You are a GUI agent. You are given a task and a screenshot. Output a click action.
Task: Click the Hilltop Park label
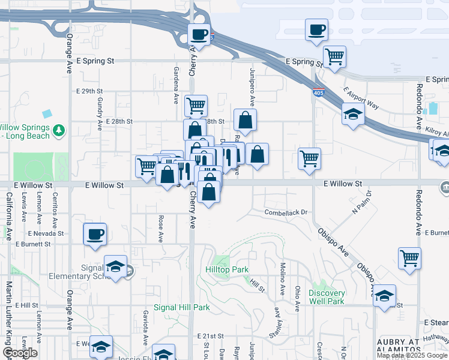coord(227,270)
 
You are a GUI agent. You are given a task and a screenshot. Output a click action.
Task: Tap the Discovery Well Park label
coord(327,297)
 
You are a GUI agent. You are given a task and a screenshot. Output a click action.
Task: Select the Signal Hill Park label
coord(182,307)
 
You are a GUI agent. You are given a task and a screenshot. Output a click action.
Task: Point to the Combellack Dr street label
coord(286,212)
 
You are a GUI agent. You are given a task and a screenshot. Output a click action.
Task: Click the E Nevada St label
coord(46,233)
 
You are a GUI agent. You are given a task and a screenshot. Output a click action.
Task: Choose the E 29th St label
coord(91,91)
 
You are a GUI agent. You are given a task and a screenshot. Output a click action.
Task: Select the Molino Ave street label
coord(282,278)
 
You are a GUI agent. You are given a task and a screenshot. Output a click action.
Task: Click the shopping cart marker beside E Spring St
coord(334,57)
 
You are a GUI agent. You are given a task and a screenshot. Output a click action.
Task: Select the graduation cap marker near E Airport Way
coord(353,113)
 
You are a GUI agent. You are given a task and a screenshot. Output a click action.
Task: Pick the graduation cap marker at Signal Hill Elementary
coord(115,267)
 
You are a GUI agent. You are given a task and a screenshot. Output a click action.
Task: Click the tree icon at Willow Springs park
coord(58,130)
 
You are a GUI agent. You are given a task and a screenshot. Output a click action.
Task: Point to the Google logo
coord(19,353)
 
